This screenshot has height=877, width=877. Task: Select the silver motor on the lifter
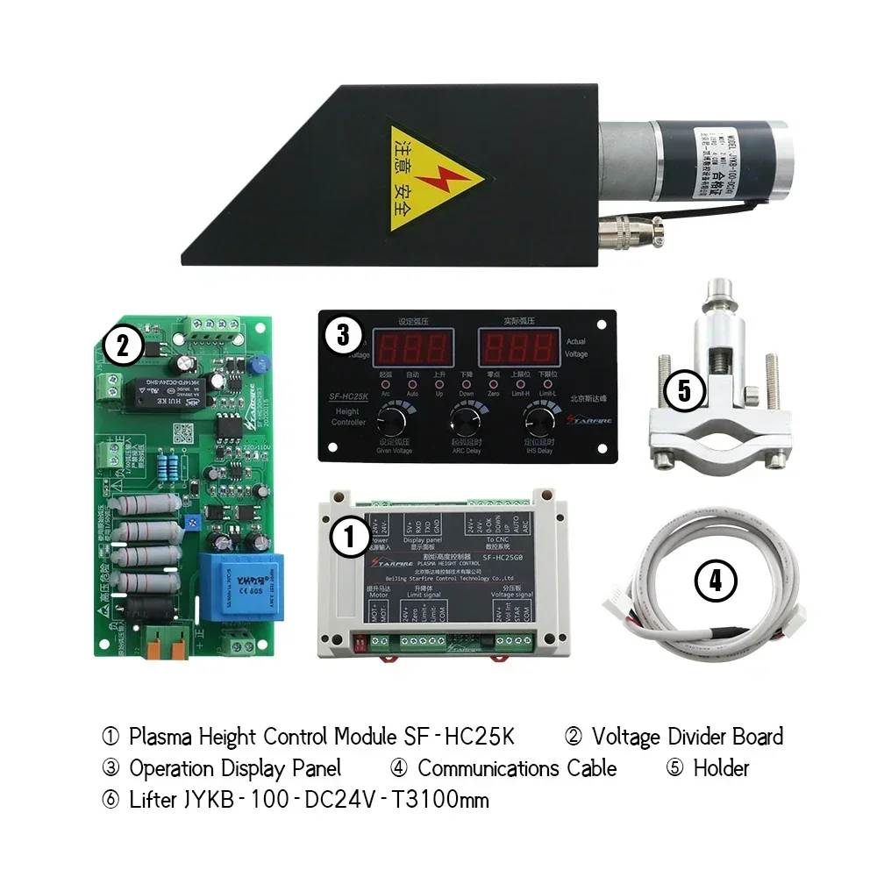pyautogui.click(x=693, y=161)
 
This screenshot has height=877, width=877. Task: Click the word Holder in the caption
pyautogui.click(x=721, y=768)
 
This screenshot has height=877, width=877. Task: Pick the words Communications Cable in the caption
pyautogui.click(x=517, y=768)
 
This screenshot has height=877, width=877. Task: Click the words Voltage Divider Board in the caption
pyautogui.click(x=687, y=737)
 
